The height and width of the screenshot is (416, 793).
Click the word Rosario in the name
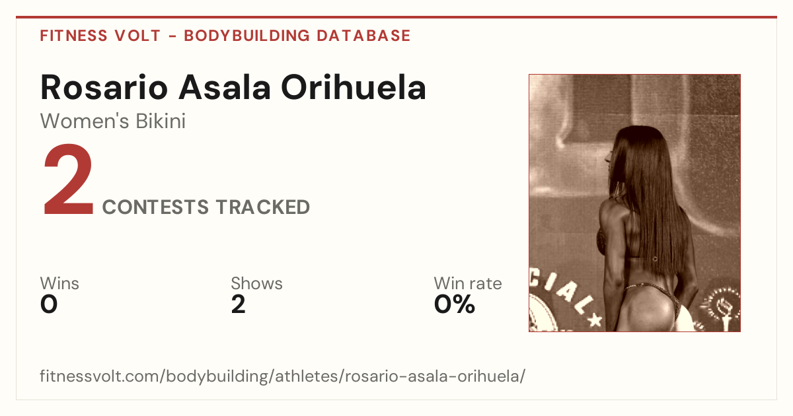pyautogui.click(x=104, y=87)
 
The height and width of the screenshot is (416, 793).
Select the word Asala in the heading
pyautogui.click(x=225, y=87)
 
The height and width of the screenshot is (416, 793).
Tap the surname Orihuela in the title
pyautogui.click(x=354, y=87)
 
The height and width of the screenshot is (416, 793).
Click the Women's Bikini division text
pyautogui.click(x=113, y=121)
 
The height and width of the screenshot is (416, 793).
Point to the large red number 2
pyautogui.click(x=68, y=179)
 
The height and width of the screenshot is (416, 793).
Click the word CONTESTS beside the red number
pyautogui.click(x=155, y=207)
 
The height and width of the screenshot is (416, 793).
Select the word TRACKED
pyautogui.click(x=263, y=207)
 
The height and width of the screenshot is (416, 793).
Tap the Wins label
pyautogui.click(x=59, y=283)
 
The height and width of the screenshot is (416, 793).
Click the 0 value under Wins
pyautogui.click(x=49, y=304)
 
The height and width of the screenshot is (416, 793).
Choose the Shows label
pyautogui.click(x=256, y=283)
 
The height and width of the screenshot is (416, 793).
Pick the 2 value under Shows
pyautogui.click(x=239, y=304)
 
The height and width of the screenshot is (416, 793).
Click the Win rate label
pyautogui.click(x=468, y=283)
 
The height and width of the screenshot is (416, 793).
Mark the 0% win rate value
pyautogui.click(x=455, y=304)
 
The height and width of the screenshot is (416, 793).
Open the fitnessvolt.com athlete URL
pyautogui.click(x=283, y=376)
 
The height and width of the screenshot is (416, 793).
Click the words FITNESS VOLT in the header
pyautogui.click(x=100, y=36)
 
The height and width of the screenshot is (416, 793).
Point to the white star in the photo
pyautogui.click(x=595, y=320)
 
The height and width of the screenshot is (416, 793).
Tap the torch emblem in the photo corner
pyautogui.click(x=724, y=307)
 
